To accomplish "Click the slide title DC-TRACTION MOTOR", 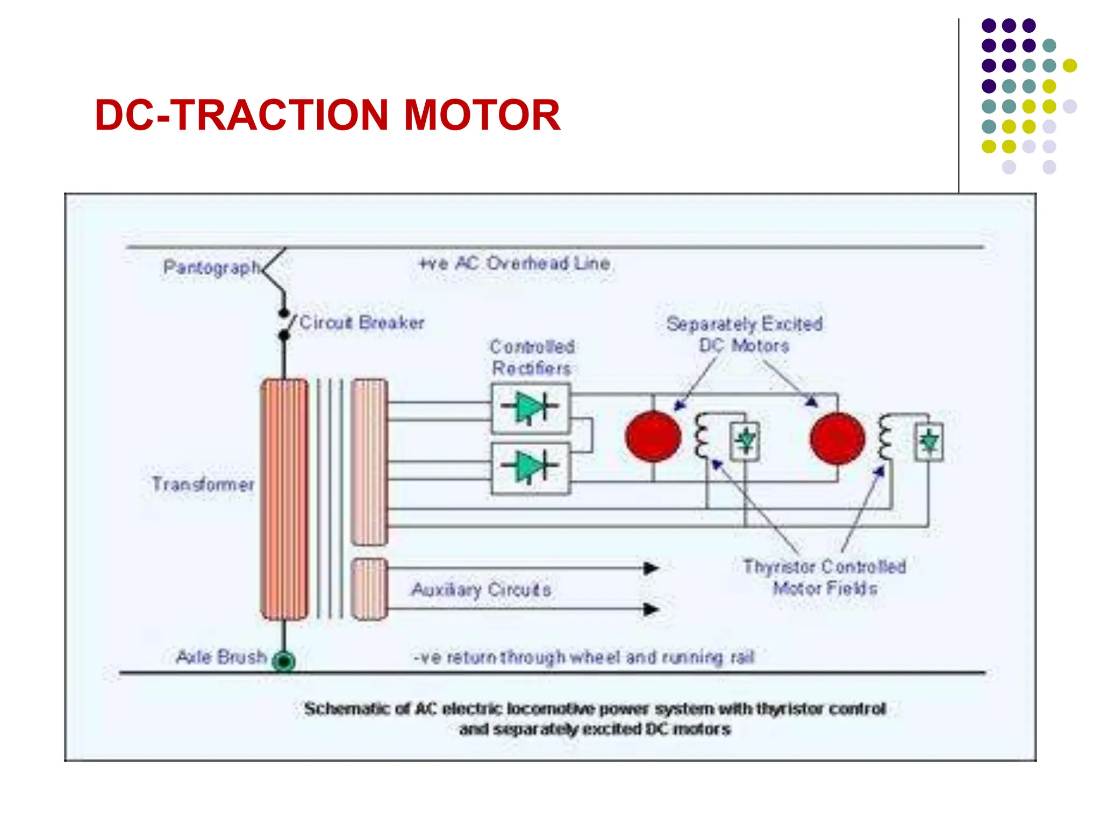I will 327,115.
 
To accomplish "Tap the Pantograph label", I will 211,267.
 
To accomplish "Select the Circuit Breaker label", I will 361,323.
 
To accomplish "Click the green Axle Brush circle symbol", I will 284,660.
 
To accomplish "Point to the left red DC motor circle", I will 653,437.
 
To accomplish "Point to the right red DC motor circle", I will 838,438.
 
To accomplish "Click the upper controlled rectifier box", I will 531,408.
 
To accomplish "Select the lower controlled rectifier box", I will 531,468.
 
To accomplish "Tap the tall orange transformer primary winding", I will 284,499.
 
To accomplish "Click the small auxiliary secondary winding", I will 369,589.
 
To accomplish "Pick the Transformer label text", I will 203,484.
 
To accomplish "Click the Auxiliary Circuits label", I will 481,590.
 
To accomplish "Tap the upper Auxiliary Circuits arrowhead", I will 651,568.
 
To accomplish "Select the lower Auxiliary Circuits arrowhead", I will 651,609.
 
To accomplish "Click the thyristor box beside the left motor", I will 745,442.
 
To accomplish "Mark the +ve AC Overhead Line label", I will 514,264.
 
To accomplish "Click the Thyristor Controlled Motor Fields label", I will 825,577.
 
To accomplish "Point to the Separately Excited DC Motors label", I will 745,334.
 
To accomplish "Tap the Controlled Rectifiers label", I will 532,358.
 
